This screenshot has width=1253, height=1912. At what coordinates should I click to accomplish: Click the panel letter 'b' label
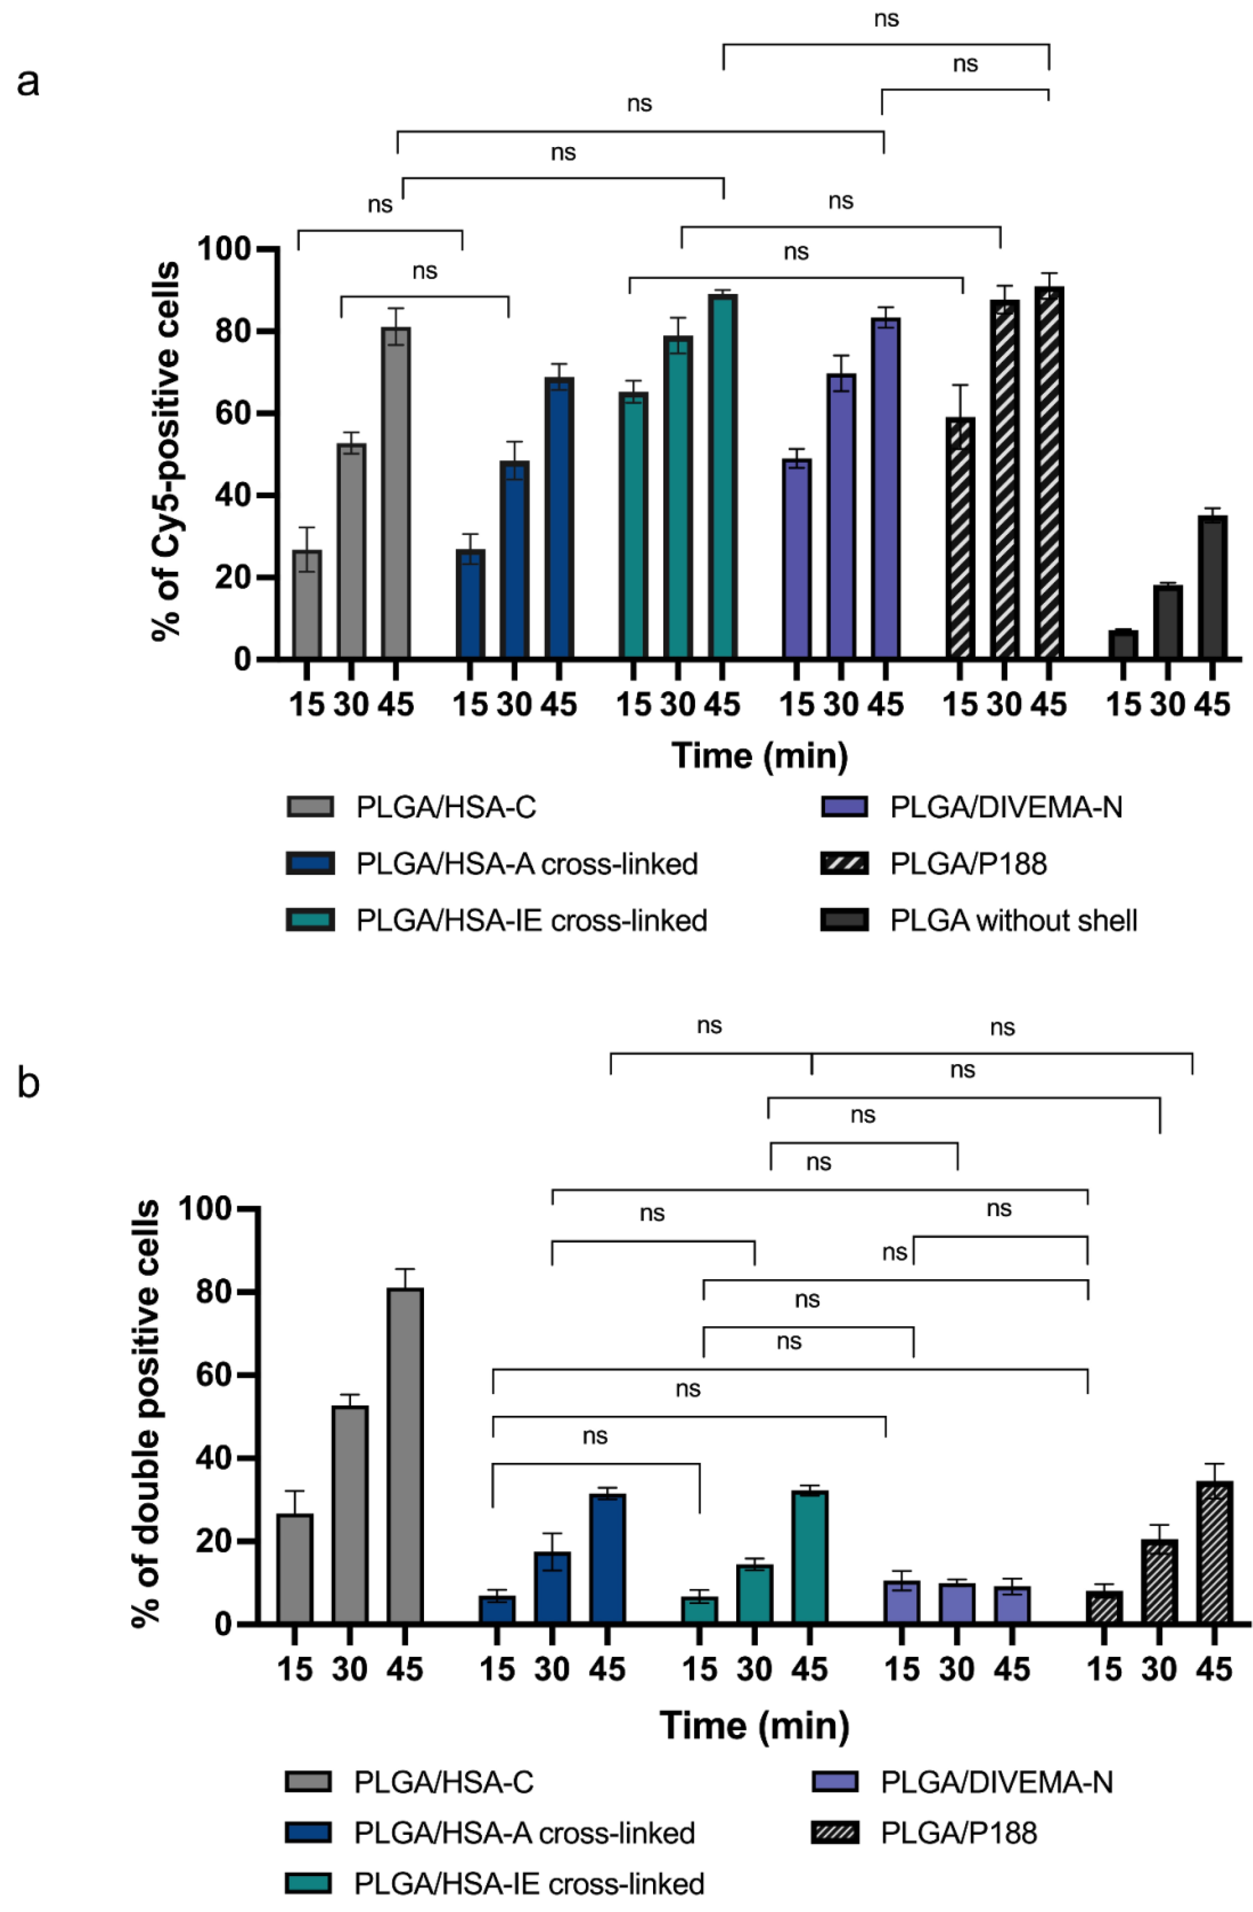pyautogui.click(x=28, y=1083)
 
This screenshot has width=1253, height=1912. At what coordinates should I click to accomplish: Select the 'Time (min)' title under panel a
pyautogui.click(x=760, y=756)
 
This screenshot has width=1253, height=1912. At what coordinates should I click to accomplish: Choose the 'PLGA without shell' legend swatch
pyautogui.click(x=844, y=920)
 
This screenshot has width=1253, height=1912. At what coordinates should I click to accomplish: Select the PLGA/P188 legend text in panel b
pyautogui.click(x=958, y=1833)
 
